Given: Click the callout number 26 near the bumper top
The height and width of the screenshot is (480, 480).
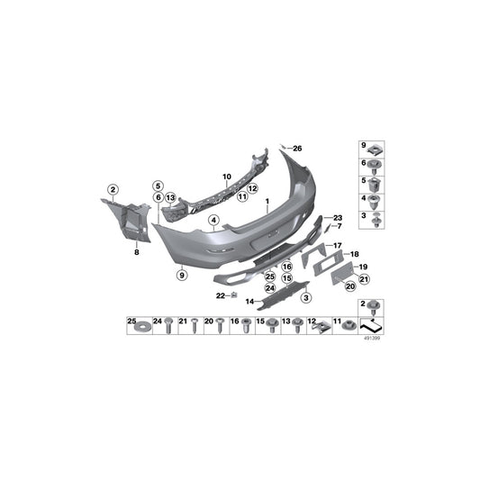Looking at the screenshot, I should click(299, 148).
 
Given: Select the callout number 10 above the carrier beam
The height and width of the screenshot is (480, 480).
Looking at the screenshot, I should click(227, 176).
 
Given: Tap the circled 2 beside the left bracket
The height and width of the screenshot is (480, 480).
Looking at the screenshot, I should click(113, 189).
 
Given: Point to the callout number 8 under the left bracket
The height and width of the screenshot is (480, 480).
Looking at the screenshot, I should click(137, 254).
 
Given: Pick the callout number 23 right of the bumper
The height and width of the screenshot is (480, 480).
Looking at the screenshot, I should click(339, 218).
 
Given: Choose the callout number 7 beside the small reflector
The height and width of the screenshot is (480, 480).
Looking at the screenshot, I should click(339, 227).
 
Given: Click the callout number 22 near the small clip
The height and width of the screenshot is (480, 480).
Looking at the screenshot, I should click(220, 294).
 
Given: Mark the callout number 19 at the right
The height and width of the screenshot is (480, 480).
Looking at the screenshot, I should click(365, 267).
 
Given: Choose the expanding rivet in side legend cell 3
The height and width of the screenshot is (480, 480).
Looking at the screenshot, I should click(375, 219).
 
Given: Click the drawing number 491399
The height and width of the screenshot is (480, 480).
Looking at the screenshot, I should click(370, 341).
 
